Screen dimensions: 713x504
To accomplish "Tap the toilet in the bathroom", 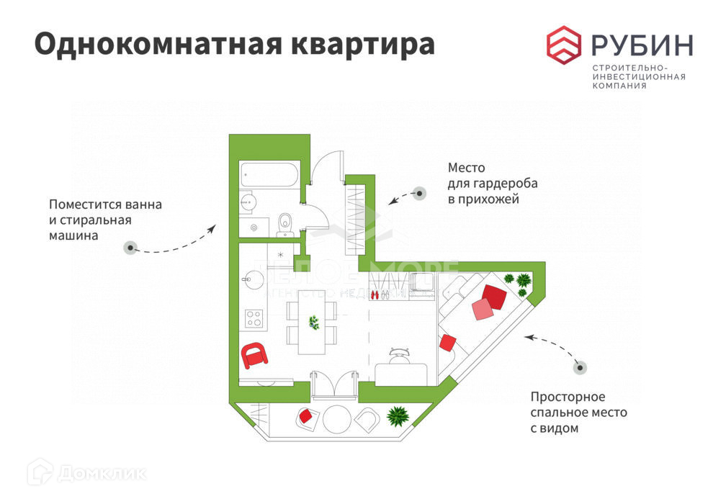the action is tap(284, 224).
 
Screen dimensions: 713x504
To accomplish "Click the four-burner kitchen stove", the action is tap(254, 317).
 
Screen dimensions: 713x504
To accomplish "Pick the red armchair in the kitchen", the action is tap(254, 354).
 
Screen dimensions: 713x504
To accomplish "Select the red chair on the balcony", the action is tap(307, 416).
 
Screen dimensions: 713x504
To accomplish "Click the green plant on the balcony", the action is tap(397, 415).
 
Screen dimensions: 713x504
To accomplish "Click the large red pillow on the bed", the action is tap(495, 296).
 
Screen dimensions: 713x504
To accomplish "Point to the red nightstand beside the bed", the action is tap(447, 343).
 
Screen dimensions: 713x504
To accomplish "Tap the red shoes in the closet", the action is tap(374, 294).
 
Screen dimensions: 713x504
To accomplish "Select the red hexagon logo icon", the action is tap(564, 43).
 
